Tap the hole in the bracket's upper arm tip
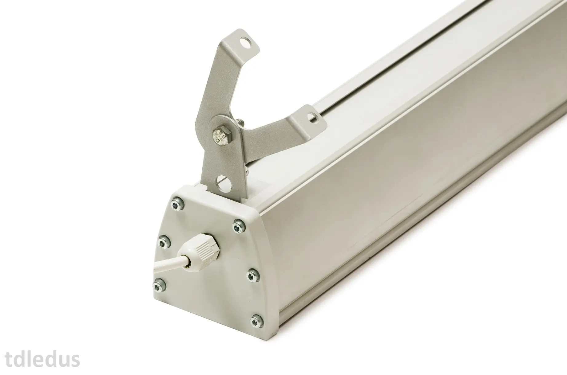247,41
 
